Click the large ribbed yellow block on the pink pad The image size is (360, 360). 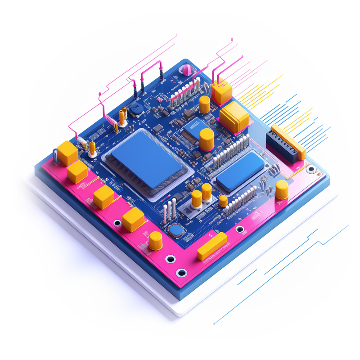[x=234, y=116]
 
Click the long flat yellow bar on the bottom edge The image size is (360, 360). [x=211, y=246]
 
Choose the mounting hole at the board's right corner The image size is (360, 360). [x=310, y=170]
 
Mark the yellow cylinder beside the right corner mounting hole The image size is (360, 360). [x=282, y=189]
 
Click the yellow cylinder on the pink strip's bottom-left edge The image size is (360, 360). [x=156, y=241]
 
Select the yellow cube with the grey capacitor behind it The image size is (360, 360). [x=67, y=153]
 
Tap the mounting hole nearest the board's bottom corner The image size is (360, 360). [x=181, y=273]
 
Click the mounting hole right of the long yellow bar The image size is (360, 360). [x=240, y=229]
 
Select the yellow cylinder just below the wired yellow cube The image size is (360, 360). [x=204, y=104]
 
